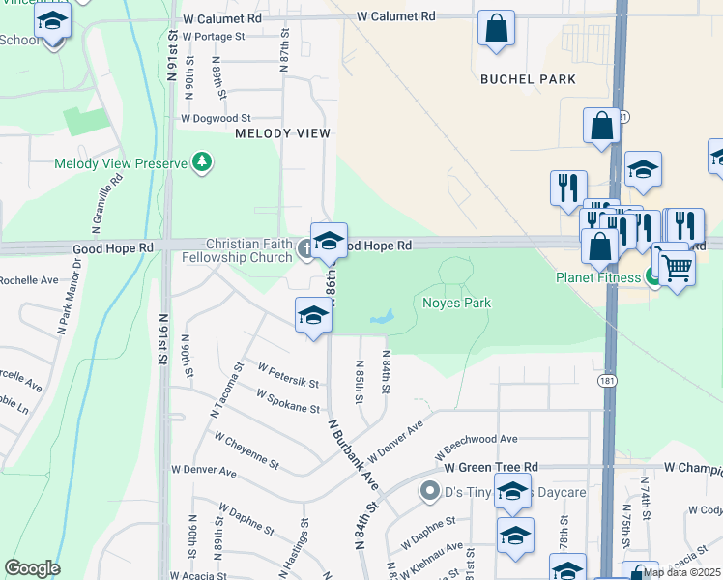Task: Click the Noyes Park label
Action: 456,304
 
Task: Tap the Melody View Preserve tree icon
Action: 202,161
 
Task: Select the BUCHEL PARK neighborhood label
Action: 528,79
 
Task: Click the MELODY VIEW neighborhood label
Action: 283,133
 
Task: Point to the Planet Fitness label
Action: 598,277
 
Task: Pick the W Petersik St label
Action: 288,375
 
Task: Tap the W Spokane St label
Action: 287,401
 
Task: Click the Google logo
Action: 32,568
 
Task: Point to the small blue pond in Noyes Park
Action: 383,317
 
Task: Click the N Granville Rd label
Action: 106,204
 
